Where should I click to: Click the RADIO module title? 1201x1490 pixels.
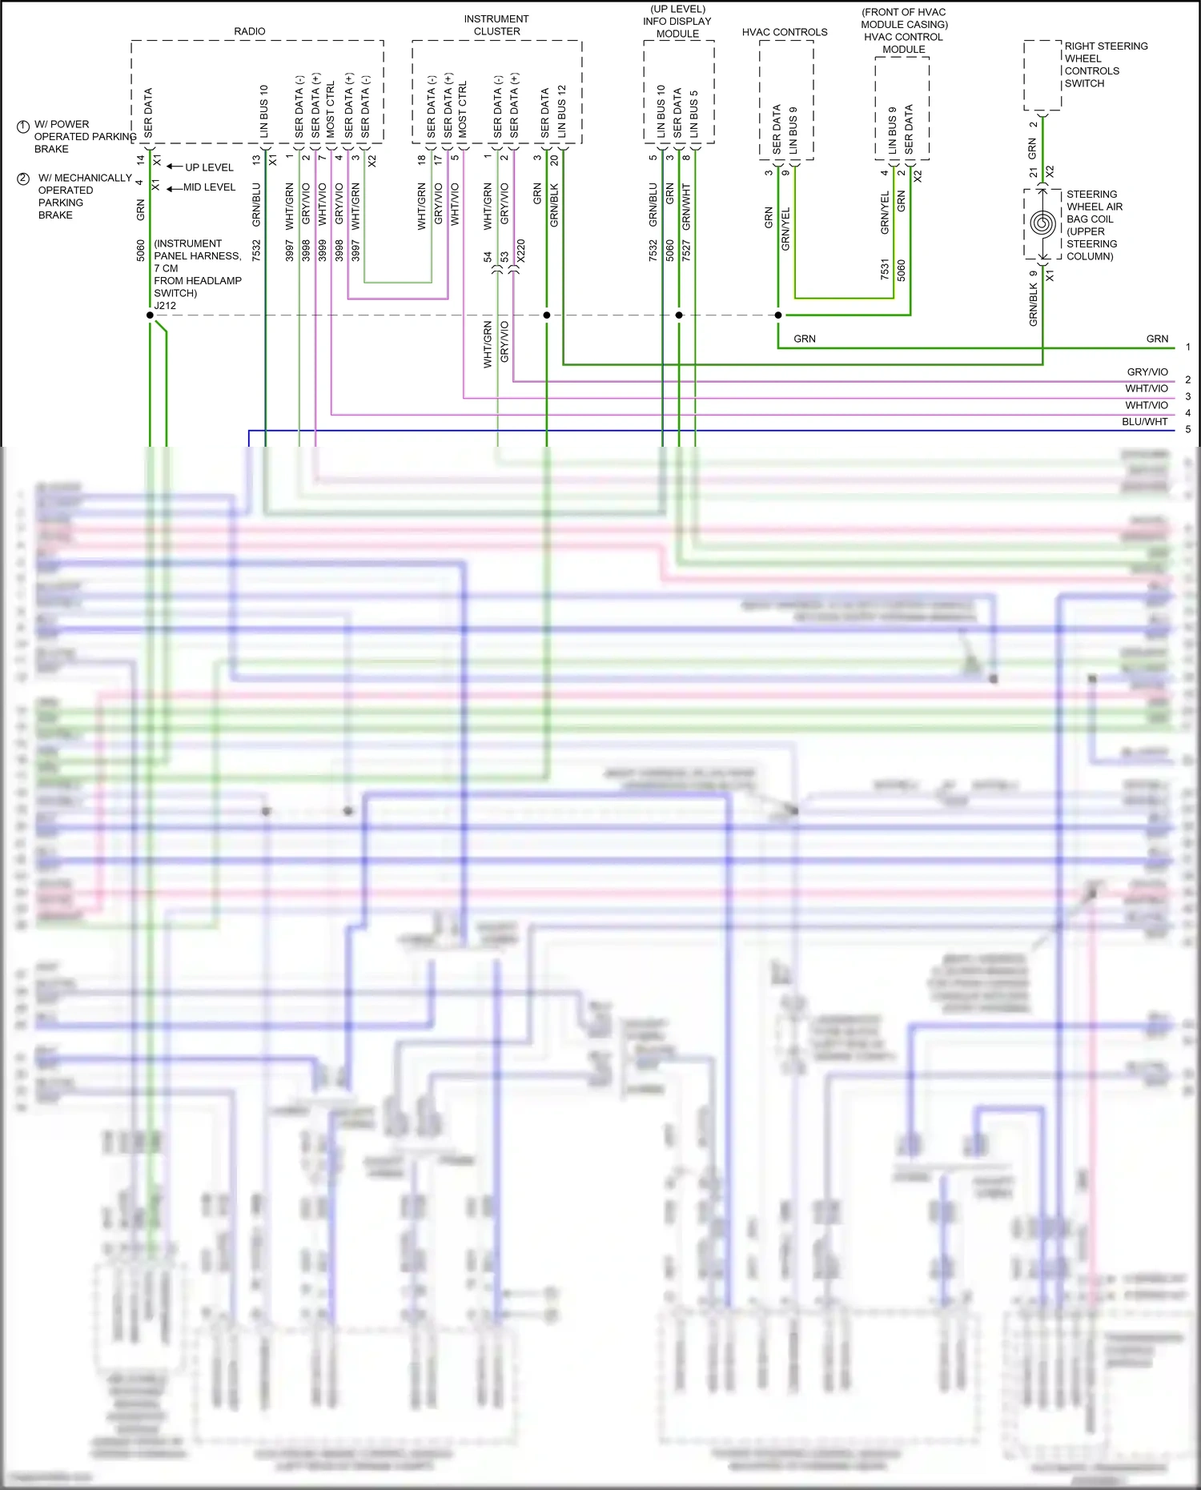(249, 31)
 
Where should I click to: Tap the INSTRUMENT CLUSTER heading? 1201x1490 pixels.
(496, 25)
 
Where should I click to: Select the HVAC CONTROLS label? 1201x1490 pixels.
(784, 32)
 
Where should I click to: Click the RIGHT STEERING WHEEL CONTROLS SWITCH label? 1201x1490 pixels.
(1105, 65)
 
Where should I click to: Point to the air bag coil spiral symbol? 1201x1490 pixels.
(1042, 223)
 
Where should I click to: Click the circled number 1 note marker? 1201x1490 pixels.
(23, 127)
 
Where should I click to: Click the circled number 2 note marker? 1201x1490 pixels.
(23, 179)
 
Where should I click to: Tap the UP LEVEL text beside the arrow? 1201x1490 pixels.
(209, 167)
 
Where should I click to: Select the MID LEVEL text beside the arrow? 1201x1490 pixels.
(209, 187)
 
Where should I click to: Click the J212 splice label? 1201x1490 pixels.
(165, 305)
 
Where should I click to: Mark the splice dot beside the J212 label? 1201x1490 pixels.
(150, 315)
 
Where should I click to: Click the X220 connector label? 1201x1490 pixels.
(521, 251)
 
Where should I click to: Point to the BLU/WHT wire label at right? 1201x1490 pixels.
(1144, 421)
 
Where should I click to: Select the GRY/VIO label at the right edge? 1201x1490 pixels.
(1147, 371)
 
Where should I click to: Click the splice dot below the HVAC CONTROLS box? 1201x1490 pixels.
(778, 315)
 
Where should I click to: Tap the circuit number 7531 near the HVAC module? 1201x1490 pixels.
(885, 268)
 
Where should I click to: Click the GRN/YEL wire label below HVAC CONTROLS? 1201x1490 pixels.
(785, 228)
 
